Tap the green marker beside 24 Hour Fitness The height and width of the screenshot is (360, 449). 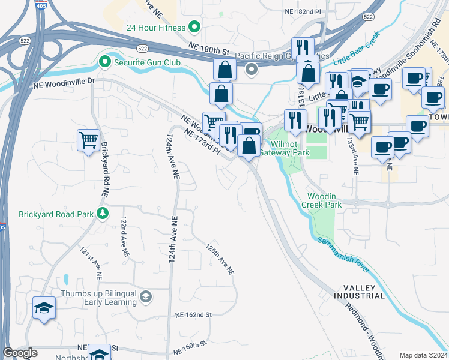194,27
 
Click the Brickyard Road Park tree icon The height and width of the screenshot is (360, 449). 103,214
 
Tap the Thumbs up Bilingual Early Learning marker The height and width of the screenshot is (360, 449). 146,297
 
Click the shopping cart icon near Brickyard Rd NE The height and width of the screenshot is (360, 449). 88,140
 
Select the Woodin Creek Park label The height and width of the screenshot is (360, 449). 324,200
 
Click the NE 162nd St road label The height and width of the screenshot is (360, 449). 194,314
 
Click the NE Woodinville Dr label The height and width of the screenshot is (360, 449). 64,80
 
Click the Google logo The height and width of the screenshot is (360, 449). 20,353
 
